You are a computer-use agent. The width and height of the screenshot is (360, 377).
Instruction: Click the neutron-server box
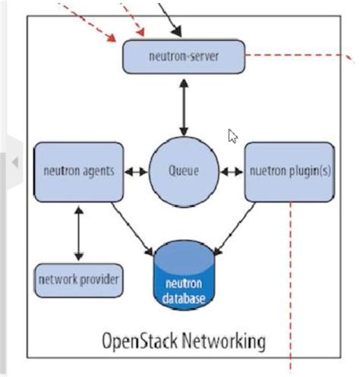click(184, 56)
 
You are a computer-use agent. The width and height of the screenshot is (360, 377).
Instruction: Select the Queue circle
click(184, 171)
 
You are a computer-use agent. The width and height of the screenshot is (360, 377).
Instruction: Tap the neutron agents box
click(79, 172)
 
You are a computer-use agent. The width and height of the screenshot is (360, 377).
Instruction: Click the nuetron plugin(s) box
click(289, 172)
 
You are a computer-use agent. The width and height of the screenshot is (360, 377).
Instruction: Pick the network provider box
click(79, 280)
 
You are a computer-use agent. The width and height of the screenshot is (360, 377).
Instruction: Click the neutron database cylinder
click(184, 275)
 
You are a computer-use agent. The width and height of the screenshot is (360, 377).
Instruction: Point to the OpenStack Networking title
click(184, 341)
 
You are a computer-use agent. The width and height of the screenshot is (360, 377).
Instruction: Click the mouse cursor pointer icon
click(232, 136)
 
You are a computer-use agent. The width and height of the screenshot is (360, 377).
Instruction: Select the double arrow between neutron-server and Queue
click(184, 108)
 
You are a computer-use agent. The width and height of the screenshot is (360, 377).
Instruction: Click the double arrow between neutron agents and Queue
click(136, 172)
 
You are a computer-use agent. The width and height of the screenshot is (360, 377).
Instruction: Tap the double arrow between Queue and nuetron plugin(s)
click(232, 172)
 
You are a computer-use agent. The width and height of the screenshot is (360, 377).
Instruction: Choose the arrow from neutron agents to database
click(132, 229)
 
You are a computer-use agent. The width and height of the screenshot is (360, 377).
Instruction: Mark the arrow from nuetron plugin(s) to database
click(235, 229)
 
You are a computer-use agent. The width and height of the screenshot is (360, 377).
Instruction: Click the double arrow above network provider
click(79, 234)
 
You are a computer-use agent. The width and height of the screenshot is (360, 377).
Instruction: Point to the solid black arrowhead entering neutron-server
click(176, 31)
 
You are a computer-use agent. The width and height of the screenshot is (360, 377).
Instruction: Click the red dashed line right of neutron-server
click(299, 56)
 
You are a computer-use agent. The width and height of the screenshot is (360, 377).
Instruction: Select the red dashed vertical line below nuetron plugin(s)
click(291, 287)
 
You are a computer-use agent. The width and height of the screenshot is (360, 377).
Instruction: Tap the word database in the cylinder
click(184, 298)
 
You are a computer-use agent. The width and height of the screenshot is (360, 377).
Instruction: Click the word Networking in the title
click(224, 341)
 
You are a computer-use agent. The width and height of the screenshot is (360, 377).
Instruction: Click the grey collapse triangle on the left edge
click(15, 162)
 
